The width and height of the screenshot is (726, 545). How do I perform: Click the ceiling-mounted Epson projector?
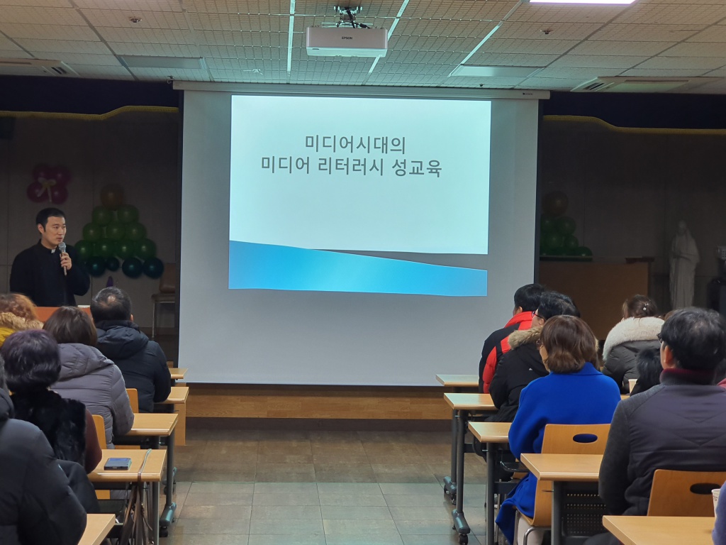(347, 41)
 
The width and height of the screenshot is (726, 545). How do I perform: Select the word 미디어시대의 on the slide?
(355, 143)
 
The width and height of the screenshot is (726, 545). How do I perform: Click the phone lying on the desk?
(117, 463)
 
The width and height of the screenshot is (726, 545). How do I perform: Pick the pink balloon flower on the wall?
(49, 184)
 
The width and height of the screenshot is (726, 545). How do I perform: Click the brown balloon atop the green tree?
(112, 195)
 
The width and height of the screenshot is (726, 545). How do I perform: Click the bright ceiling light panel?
(581, 2)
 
